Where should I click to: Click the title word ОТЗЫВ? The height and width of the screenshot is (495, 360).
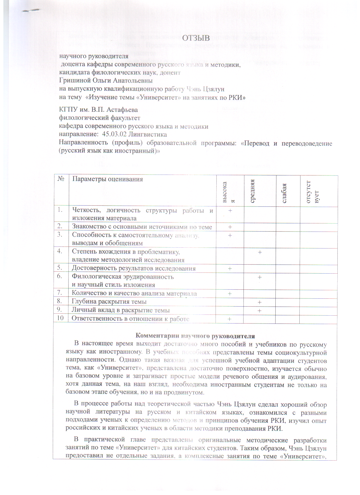coord(196,38)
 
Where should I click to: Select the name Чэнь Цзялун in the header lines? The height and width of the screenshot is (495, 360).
coord(205,89)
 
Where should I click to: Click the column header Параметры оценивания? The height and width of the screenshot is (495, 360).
coord(107,179)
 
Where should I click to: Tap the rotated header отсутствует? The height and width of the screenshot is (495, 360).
coord(312,192)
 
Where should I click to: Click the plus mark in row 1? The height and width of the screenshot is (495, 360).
coord(230,210)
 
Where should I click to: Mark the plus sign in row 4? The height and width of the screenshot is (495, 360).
coord(260,252)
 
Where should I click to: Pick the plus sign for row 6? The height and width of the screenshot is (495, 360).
coord(260,277)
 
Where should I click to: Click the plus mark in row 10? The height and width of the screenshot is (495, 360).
coord(230,319)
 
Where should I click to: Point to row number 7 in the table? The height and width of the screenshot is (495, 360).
coord(59,293)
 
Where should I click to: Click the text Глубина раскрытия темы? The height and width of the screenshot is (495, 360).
coord(109,302)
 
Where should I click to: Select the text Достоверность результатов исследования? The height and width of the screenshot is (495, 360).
coord(133,268)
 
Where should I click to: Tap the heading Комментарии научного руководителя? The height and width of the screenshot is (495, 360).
coord(195,336)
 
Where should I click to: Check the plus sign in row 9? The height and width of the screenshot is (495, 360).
coord(259,311)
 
